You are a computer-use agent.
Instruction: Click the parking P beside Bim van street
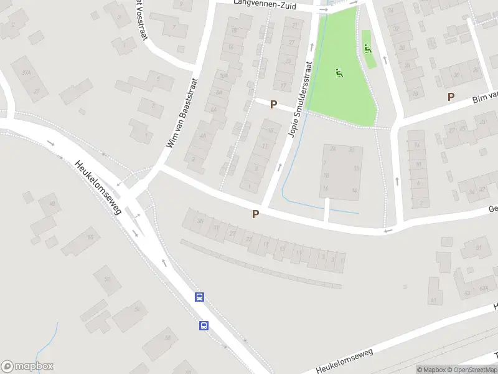pyautogui.click(x=451, y=97)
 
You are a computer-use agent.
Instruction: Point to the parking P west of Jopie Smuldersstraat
pyautogui.click(x=273, y=105)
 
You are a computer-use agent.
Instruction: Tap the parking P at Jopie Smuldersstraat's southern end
pyautogui.click(x=255, y=214)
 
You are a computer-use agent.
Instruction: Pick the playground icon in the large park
pyautogui.click(x=339, y=73)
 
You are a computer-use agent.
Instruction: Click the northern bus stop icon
pyautogui.click(x=200, y=297)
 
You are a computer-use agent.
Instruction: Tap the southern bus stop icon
pyautogui.click(x=203, y=325)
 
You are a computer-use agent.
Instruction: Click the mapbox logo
pyautogui.click(x=27, y=367)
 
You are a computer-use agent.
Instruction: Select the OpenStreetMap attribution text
pyautogui.click(x=471, y=370)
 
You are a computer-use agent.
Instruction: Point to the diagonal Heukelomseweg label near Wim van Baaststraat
pyautogui.click(x=97, y=188)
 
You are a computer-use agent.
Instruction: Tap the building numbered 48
pyautogui.click(x=51, y=203)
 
